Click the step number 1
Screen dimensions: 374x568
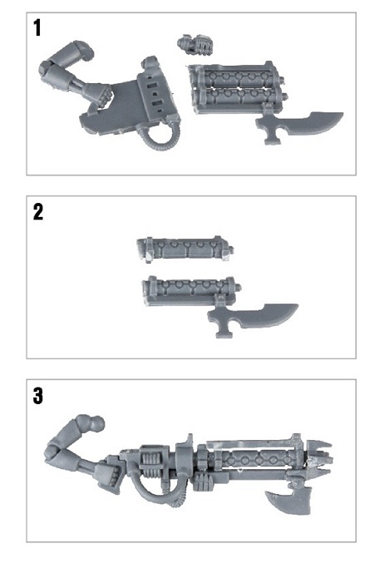tap(37, 27)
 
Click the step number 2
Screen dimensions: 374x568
tap(38, 211)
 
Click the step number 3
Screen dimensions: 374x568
tap(38, 395)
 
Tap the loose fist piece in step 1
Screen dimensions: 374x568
tap(195, 45)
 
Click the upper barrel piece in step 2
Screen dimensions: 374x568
tap(185, 249)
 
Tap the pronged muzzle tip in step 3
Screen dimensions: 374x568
tap(319, 456)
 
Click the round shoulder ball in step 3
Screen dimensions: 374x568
tap(96, 424)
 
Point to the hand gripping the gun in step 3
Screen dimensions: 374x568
tap(108, 475)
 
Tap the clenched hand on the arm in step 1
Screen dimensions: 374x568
tap(98, 95)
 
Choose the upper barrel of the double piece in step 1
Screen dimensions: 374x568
tap(236, 75)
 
